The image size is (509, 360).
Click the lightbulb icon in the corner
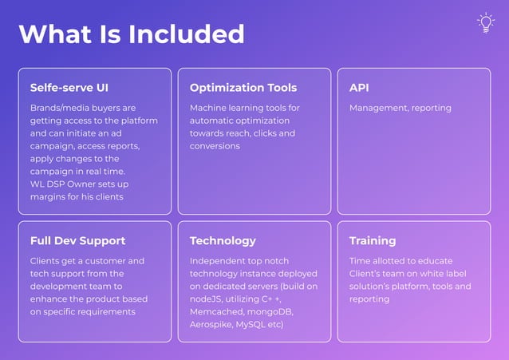485,23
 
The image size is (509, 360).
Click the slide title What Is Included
132,34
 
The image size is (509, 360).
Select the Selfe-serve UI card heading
69,88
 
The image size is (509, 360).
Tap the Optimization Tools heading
243,88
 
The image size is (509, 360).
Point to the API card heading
359,88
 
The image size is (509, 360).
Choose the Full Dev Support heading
78,240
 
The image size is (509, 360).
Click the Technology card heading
223,240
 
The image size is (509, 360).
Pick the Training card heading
373,240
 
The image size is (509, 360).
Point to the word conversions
215,146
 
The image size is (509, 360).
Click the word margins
49,197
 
